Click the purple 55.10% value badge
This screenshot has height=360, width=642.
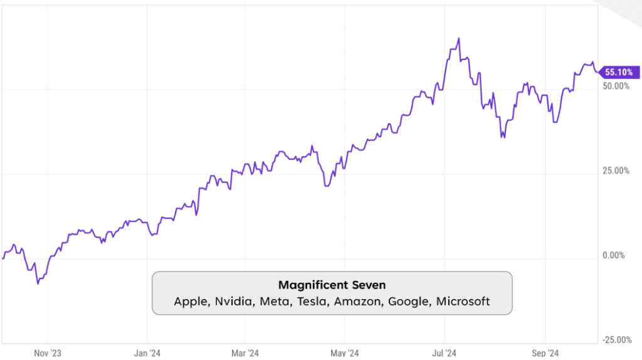[x=619, y=73]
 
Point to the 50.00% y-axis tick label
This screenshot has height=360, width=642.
[x=616, y=86]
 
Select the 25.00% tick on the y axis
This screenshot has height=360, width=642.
[x=616, y=171]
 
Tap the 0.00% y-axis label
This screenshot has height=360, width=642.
[x=618, y=255]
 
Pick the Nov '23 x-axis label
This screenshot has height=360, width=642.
[x=48, y=353]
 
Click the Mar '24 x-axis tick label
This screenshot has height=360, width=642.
[x=245, y=353]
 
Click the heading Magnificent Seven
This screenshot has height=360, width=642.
[x=332, y=285]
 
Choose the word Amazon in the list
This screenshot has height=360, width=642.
[x=358, y=302]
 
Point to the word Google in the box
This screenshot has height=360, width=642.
[x=409, y=302]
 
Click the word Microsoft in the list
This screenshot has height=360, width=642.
[x=463, y=302]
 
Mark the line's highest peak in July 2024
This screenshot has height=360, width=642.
[x=459, y=38]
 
